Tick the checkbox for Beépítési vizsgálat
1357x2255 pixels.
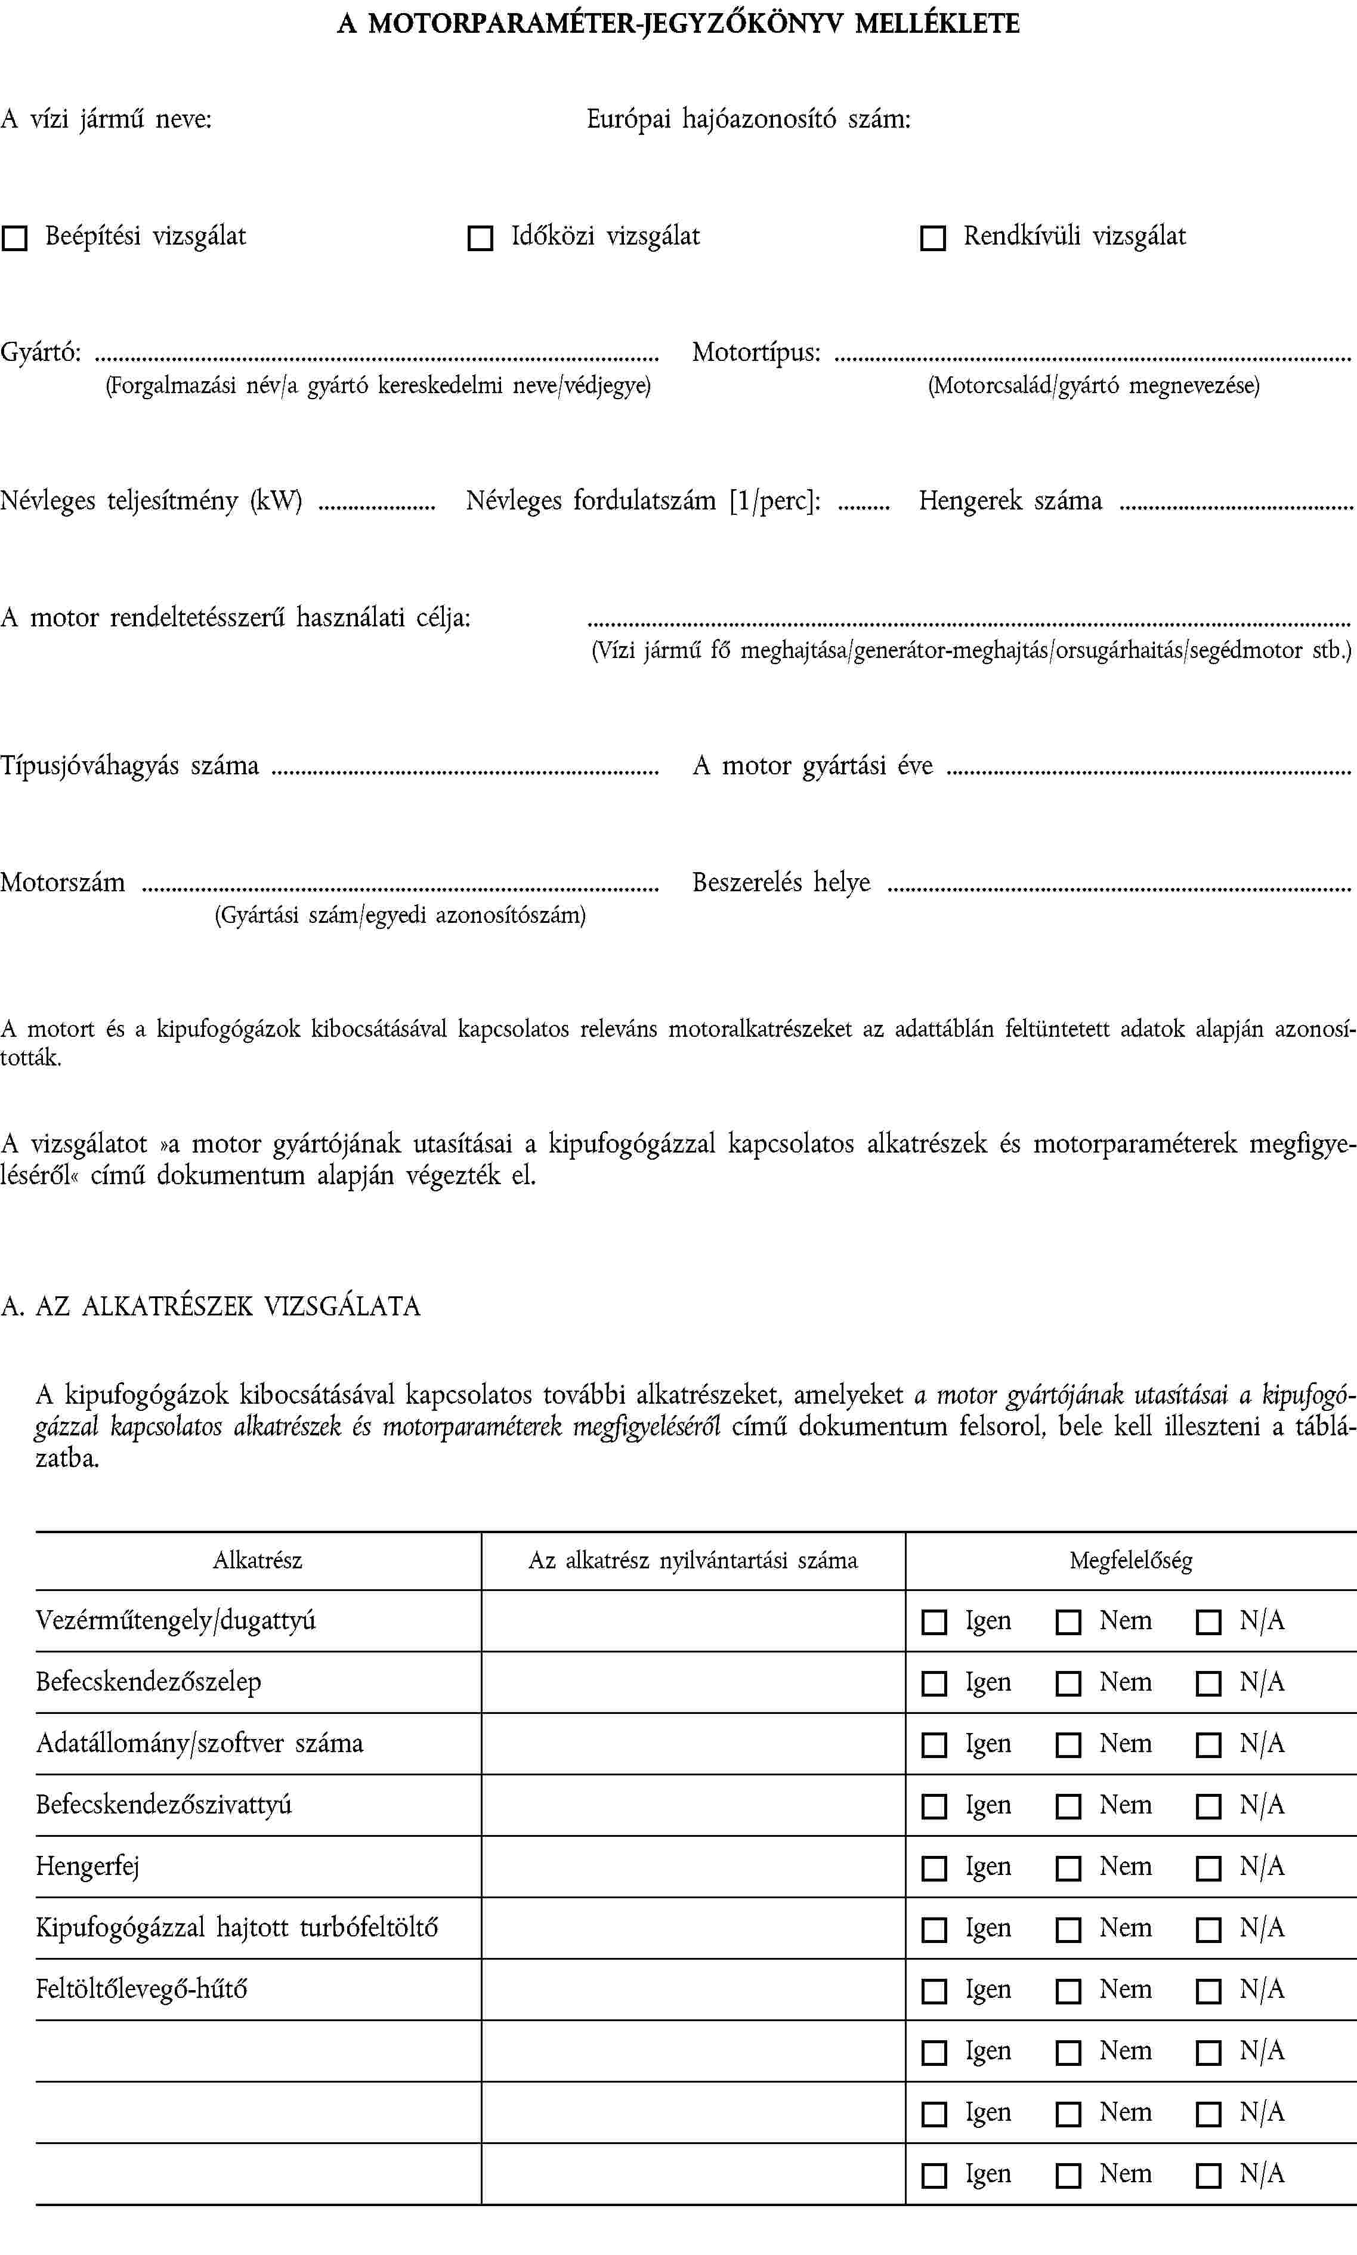click(14, 239)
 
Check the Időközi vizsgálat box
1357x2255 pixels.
click(480, 239)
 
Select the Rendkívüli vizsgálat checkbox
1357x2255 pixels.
click(932, 239)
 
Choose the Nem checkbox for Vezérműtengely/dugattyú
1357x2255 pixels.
click(1068, 1622)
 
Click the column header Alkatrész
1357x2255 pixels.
click(257, 1560)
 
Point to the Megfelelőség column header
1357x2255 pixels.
click(1130, 1560)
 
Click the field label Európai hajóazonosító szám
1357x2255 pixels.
click(748, 119)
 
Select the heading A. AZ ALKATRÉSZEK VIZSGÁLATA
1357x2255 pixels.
click(211, 1306)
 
